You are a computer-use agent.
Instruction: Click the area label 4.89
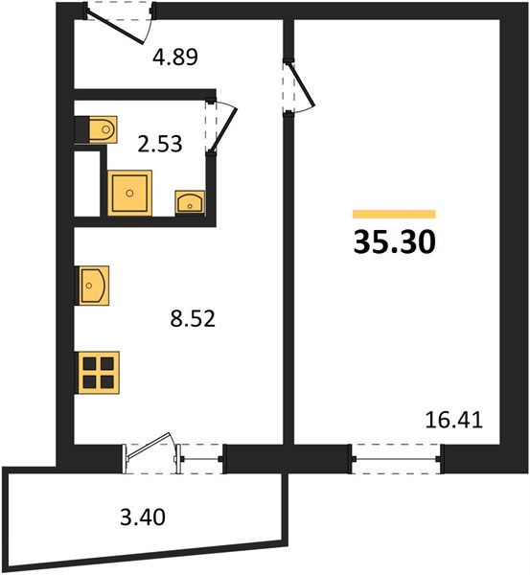pyautogui.click(x=175, y=57)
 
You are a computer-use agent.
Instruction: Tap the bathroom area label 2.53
pyautogui.click(x=159, y=144)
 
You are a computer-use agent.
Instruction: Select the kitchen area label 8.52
pyautogui.click(x=193, y=318)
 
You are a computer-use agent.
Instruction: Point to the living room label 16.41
pyautogui.click(x=453, y=420)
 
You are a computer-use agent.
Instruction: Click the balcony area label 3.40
pyautogui.click(x=143, y=517)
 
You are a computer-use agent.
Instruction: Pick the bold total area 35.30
pyautogui.click(x=394, y=242)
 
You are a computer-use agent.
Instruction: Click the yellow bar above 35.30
pyautogui.click(x=394, y=214)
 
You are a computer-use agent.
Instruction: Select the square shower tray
pyautogui.click(x=129, y=193)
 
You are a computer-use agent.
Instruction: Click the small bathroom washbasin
pyautogui.click(x=190, y=202)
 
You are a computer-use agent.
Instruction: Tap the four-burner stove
pyautogui.click(x=99, y=373)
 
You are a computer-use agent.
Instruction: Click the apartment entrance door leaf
pyautogui.click(x=115, y=27)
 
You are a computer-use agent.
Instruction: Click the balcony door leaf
pyautogui.click(x=149, y=446)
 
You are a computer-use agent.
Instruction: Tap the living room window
pyautogui.click(x=396, y=459)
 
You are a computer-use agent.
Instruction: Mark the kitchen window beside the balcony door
pyautogui.click(x=201, y=459)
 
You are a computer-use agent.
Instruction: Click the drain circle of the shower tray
pyautogui.click(x=129, y=194)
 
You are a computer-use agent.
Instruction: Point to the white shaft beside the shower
pyautogui.click(x=87, y=184)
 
